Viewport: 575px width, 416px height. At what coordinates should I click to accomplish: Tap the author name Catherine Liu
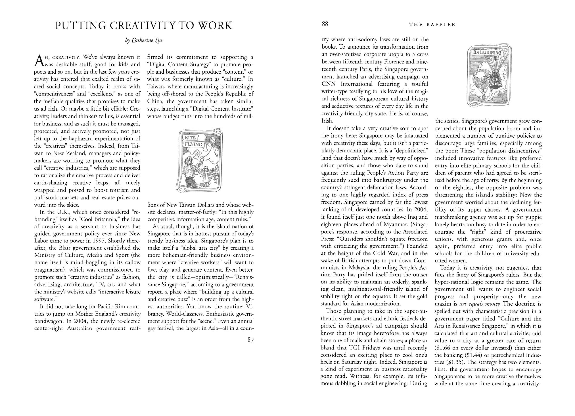coord(143,40)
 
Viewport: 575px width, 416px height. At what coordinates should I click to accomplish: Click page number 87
coord(250,340)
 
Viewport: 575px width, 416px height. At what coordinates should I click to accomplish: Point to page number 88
coord(325,24)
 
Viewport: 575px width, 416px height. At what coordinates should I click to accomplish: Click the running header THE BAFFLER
coord(432,25)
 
